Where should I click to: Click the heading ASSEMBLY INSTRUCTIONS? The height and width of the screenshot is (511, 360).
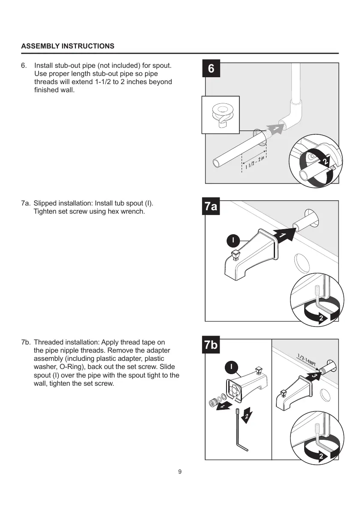[68, 46]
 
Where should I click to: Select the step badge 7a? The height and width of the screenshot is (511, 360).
[211, 207]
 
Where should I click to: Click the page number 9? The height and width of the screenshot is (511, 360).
[180, 472]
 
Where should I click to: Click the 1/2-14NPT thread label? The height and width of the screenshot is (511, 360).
[307, 360]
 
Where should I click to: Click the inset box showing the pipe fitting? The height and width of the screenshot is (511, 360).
[221, 115]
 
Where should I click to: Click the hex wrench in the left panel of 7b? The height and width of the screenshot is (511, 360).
[239, 431]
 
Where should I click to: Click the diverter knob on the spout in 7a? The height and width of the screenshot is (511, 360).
[236, 256]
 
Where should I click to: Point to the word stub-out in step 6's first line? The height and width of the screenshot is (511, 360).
[69, 66]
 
